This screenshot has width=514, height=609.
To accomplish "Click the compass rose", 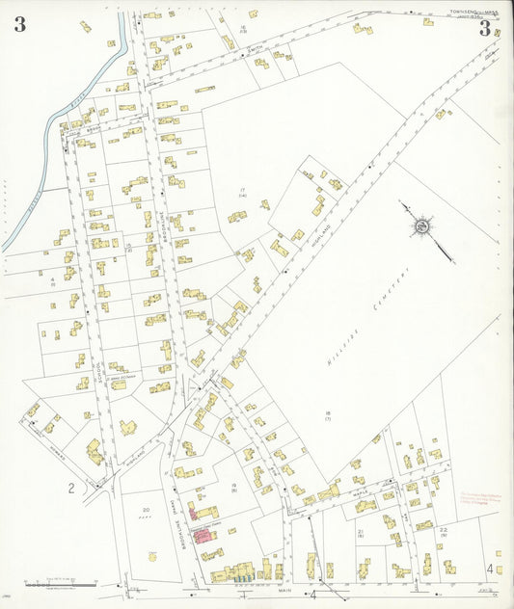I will click(421, 227).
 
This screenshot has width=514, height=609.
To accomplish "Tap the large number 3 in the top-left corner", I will click(19, 25).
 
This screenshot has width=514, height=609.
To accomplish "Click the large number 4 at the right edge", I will click(490, 569).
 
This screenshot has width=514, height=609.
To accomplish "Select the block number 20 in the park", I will click(146, 509).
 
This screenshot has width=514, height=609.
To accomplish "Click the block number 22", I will click(444, 530).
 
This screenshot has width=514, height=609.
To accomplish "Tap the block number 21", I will click(361, 531).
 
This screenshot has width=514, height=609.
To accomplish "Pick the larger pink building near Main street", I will click(204, 533).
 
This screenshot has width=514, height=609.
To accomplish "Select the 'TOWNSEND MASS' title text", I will click(473, 13).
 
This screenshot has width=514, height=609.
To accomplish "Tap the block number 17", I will click(244, 190).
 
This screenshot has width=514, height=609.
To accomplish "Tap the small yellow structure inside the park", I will click(152, 556).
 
